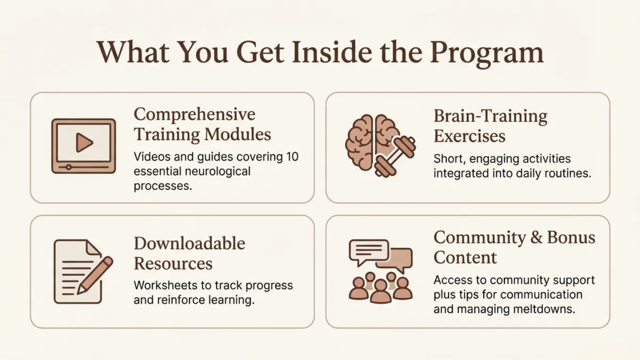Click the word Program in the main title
tap(486, 52)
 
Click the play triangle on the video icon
tap(84, 142)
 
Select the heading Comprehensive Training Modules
tap(202, 124)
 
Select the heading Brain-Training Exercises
tap(490, 126)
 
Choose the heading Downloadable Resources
tap(189, 253)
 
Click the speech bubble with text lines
tap(369, 251)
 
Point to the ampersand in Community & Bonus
tap(537, 238)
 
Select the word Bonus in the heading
tap(571, 238)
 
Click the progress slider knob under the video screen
tap(68, 167)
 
